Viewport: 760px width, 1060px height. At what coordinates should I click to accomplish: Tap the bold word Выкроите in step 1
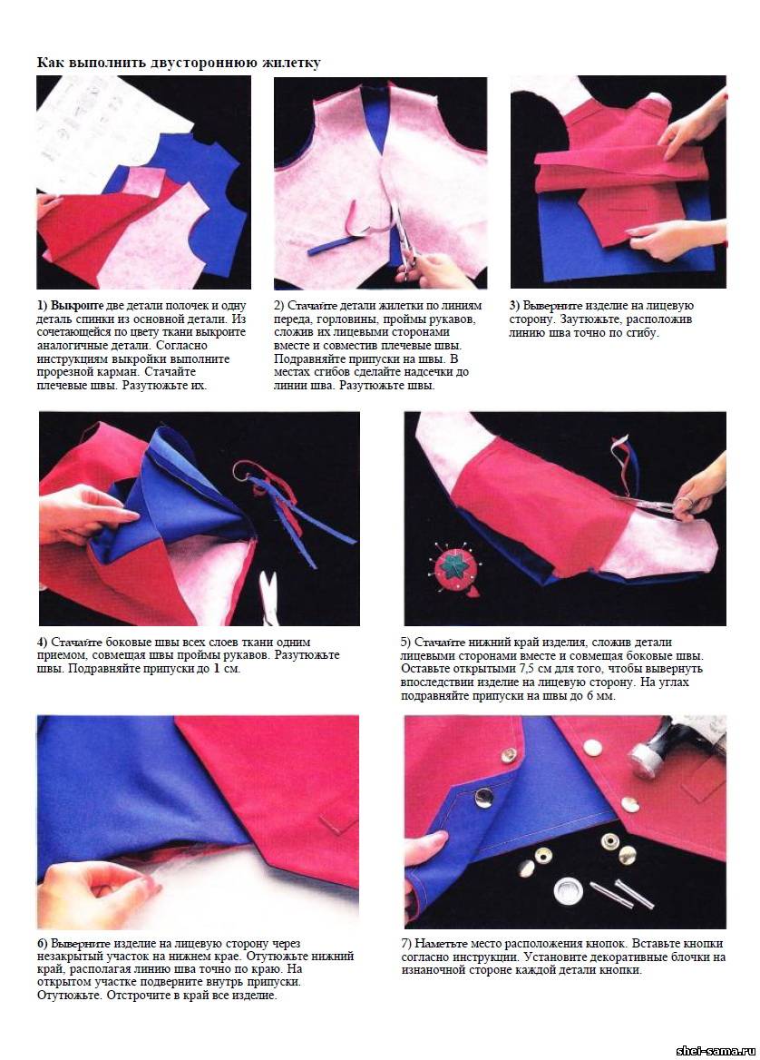(x=77, y=306)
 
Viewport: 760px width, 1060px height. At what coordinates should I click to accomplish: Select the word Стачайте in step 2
(x=312, y=306)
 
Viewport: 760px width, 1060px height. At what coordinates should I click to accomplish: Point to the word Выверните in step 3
(x=552, y=306)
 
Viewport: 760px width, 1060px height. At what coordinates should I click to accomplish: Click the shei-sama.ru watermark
(x=716, y=1050)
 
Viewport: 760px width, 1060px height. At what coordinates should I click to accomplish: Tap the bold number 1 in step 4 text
(x=216, y=669)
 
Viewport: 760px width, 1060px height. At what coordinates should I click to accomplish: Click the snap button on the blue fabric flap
(x=483, y=799)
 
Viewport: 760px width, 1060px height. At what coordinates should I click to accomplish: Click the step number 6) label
(x=43, y=944)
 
